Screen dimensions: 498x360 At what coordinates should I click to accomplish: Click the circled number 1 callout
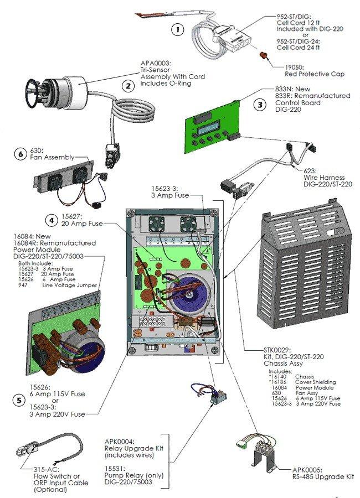click(x=177, y=30)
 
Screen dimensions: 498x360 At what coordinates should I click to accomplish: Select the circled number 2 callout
click(x=128, y=86)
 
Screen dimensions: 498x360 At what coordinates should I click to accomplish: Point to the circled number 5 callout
click(x=20, y=400)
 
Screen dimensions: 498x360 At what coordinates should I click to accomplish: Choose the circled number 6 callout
click(x=20, y=155)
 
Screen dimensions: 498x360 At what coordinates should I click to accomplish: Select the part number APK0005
click(x=308, y=470)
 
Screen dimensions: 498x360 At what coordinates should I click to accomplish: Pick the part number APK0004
click(x=121, y=441)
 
